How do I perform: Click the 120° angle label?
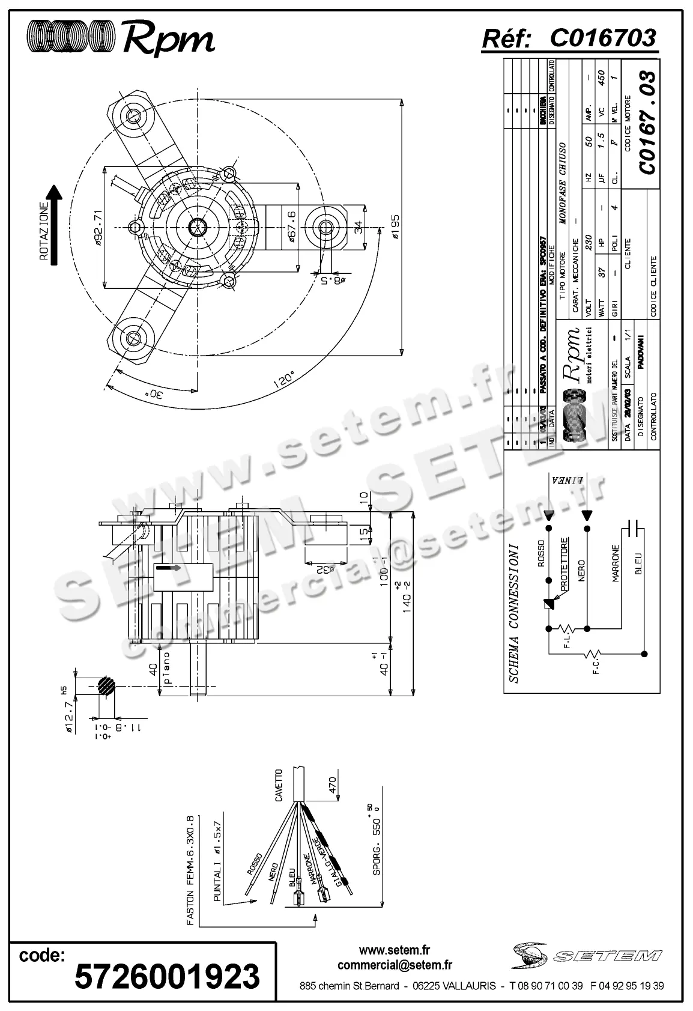(x=283, y=381)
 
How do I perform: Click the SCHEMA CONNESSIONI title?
(x=514, y=613)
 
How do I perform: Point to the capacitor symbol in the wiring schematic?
(x=632, y=528)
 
